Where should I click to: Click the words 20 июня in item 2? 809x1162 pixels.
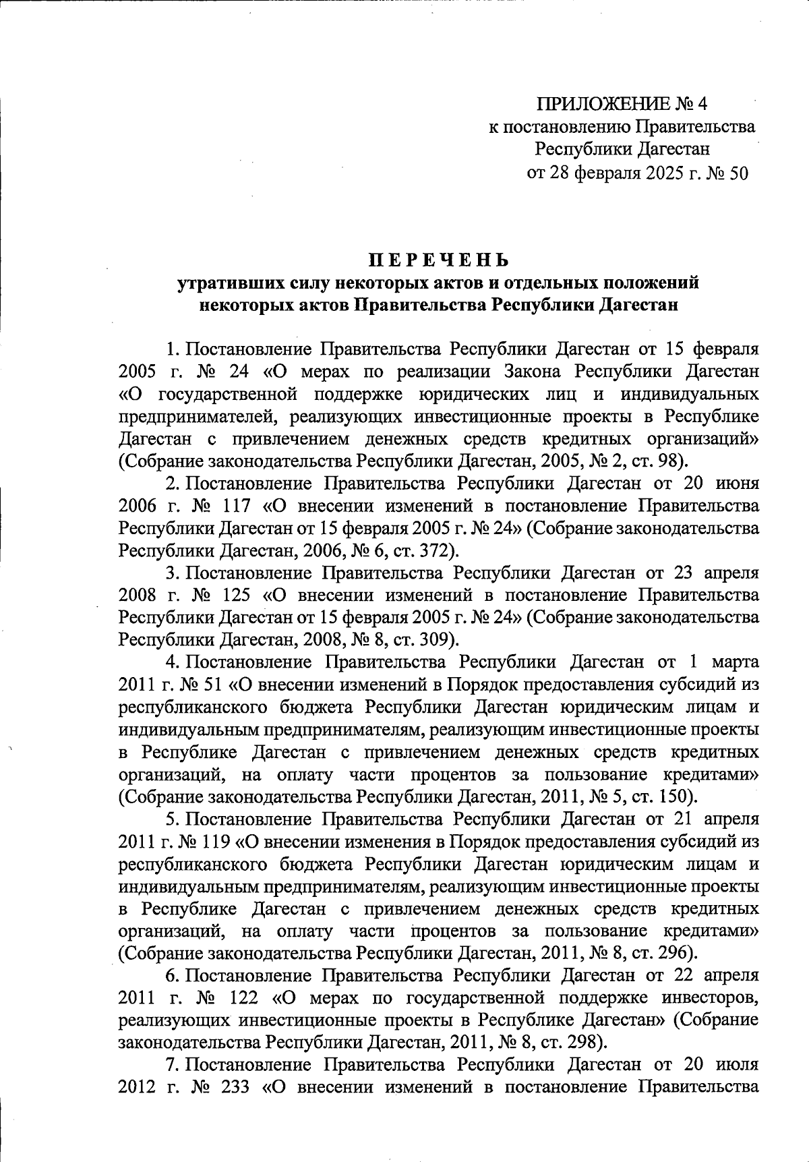pyautogui.click(x=716, y=484)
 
